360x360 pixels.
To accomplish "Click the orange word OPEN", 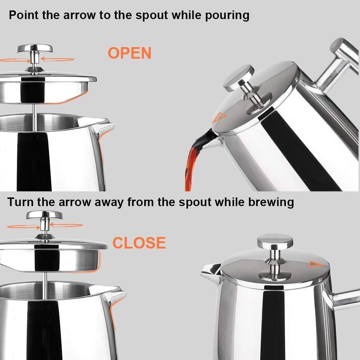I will (129, 53).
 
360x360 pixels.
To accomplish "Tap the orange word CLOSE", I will (139, 243).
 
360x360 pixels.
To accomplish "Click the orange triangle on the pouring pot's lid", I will (218, 117).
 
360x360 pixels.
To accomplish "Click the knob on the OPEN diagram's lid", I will (35, 49).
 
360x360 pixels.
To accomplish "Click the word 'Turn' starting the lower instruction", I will (20, 202).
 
